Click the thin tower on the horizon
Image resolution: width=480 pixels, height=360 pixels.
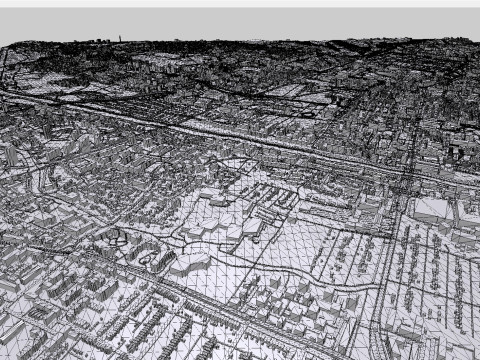point(120,39)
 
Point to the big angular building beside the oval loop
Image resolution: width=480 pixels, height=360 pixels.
point(190,264)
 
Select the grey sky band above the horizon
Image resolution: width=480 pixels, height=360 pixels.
point(240,24)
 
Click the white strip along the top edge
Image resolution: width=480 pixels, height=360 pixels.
point(240,3)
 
